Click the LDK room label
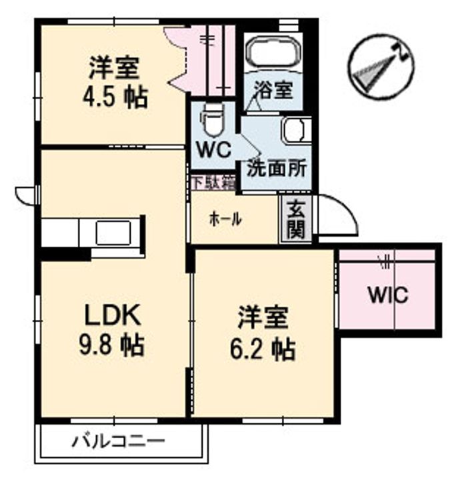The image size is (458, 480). pyautogui.click(x=113, y=315)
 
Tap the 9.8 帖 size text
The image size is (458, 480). pyautogui.click(x=112, y=345)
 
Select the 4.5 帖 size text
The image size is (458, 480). pyautogui.click(x=115, y=97)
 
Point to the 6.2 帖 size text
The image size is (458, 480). pyautogui.click(x=263, y=349)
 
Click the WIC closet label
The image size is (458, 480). pyautogui.click(x=388, y=294)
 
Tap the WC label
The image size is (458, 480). pyautogui.click(x=214, y=150)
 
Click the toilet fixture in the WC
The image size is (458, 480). pyautogui.click(x=211, y=120)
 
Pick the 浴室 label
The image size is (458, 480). pyautogui.click(x=274, y=89)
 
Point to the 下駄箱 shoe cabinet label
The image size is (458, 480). pyautogui.click(x=214, y=183)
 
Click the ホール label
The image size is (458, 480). pyautogui.click(x=225, y=219)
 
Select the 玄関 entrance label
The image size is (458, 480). pyautogui.click(x=296, y=219)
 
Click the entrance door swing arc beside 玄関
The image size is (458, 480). pyautogui.click(x=346, y=208)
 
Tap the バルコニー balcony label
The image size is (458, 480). pyautogui.click(x=119, y=441)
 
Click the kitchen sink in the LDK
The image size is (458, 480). pyautogui.click(x=113, y=233)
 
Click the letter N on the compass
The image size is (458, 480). pyautogui.click(x=401, y=53)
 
